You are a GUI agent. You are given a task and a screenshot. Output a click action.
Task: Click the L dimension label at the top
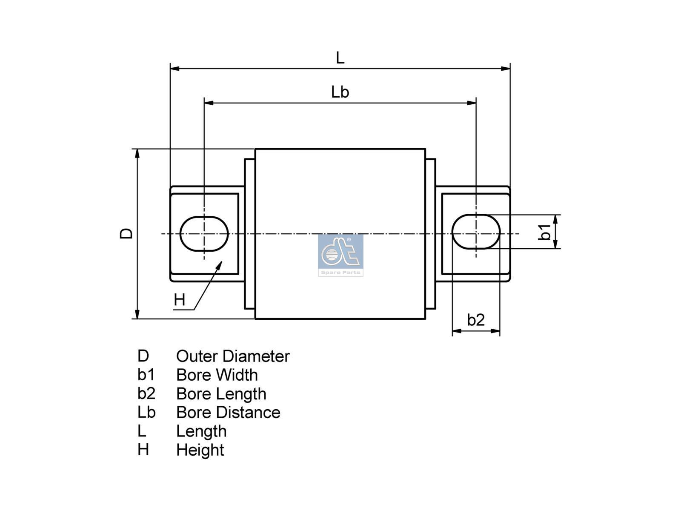340,57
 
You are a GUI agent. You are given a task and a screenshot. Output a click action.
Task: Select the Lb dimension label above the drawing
340,92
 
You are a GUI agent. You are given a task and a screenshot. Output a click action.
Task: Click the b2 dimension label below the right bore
476,320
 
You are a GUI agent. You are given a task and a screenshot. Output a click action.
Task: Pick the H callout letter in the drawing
180,300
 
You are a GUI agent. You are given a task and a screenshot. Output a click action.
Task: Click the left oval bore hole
204,233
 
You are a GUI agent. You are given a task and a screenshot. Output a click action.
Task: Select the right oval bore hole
476,232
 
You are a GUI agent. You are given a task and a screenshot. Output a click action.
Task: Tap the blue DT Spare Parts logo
340,255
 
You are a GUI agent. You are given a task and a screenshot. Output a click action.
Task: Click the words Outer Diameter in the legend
232,356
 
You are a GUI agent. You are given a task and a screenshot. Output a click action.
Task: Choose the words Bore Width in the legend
217,375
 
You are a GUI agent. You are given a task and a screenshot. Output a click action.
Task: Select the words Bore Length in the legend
221,394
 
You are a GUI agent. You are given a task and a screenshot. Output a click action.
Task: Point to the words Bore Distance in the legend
228,413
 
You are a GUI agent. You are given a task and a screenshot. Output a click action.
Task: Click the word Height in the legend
200,450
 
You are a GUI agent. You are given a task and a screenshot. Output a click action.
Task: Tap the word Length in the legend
201,431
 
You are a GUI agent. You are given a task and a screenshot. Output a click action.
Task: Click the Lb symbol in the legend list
146,412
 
